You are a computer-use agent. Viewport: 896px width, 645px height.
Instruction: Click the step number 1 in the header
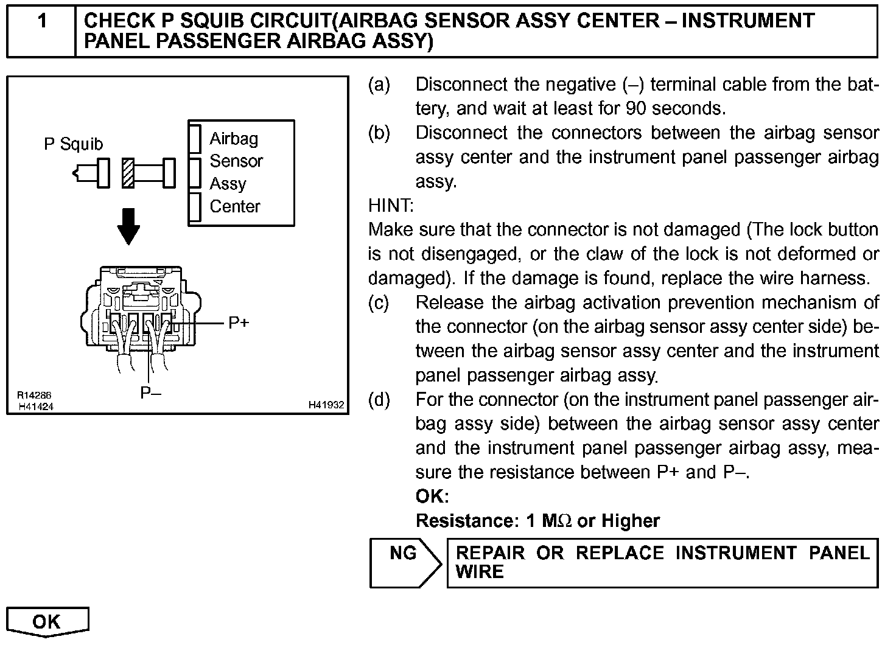[x=41, y=22]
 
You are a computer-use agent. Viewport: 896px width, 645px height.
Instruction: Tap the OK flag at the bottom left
[x=47, y=622]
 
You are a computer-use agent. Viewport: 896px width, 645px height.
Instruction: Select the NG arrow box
[x=404, y=562]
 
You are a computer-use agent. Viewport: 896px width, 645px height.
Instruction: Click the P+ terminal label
[x=239, y=323]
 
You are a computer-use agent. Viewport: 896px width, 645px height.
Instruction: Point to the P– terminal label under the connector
[x=150, y=393]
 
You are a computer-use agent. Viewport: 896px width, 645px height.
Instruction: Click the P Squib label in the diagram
[x=74, y=144]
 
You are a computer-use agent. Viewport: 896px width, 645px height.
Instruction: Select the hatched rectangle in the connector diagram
[x=128, y=173]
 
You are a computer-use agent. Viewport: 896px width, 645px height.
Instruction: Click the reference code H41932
[x=326, y=405]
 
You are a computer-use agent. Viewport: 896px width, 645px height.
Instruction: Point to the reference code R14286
[x=34, y=396]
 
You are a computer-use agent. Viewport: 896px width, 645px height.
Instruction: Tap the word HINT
[x=391, y=206]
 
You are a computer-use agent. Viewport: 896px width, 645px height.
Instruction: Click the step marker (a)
[x=379, y=85]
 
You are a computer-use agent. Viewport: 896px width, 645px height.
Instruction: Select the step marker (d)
[x=379, y=400]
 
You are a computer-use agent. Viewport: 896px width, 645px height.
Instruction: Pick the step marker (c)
[x=379, y=302]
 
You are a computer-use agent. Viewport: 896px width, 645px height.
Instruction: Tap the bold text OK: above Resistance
[x=432, y=497]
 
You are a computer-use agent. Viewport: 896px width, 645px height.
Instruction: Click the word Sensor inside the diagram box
[x=236, y=161]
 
